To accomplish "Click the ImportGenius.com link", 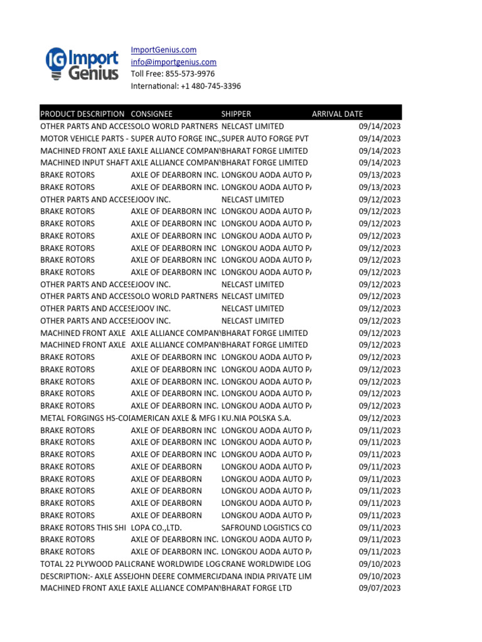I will [x=163, y=50].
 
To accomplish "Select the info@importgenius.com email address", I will [x=173, y=62].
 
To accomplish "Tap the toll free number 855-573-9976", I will [x=173, y=74].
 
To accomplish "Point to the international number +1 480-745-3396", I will [x=186, y=86].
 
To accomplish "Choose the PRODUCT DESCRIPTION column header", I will [x=82, y=114].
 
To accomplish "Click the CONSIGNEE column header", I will [x=151, y=114].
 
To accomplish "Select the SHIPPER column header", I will [x=236, y=114].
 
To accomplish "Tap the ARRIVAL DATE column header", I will [x=337, y=114].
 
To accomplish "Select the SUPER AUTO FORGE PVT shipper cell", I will [x=264, y=139].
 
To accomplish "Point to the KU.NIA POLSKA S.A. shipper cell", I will [x=256, y=418].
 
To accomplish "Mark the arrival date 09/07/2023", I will [x=379, y=588].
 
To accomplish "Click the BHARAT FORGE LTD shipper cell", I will [x=256, y=588].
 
